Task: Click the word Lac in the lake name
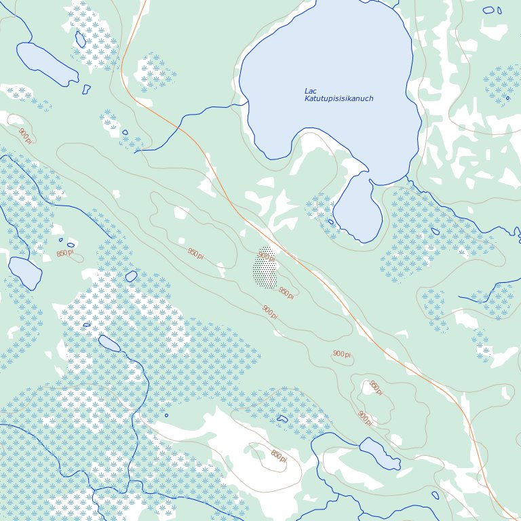[x=311, y=91]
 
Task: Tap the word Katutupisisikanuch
[x=339, y=99]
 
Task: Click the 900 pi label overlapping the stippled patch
[x=267, y=256]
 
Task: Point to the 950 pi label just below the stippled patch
[x=286, y=293]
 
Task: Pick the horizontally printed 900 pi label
[x=342, y=354]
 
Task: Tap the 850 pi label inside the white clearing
[x=278, y=456]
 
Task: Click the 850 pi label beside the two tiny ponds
[x=65, y=253]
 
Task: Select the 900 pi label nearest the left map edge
[x=25, y=136]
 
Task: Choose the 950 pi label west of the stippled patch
[x=195, y=253]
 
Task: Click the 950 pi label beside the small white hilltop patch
[x=375, y=388]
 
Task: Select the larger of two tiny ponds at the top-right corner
[x=488, y=10]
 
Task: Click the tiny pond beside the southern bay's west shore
[x=330, y=222]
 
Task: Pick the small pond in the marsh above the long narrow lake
[x=80, y=39]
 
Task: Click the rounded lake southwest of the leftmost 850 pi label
[x=25, y=272]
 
